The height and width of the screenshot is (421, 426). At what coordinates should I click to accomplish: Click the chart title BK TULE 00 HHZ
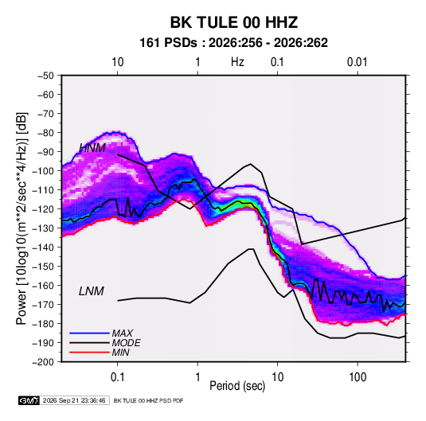click(233, 22)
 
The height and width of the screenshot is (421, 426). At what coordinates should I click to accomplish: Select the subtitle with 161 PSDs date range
click(233, 43)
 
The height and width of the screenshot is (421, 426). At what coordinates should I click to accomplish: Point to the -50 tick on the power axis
click(45, 76)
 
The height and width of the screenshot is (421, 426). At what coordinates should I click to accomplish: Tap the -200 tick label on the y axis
click(43, 362)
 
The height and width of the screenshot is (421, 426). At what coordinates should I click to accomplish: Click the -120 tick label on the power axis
click(43, 209)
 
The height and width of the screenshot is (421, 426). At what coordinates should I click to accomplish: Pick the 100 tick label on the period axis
click(358, 377)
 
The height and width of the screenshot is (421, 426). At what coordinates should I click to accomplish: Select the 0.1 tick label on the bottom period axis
click(117, 377)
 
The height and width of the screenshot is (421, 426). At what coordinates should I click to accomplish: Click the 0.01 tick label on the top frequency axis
click(357, 62)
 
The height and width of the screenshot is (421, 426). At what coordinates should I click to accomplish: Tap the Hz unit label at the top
click(237, 62)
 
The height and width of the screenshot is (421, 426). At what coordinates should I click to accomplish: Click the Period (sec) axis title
click(237, 386)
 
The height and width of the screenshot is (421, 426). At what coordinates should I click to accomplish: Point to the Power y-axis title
click(21, 219)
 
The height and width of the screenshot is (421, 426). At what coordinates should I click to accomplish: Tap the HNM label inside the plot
click(92, 148)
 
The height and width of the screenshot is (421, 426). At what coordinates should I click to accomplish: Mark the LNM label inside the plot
click(92, 291)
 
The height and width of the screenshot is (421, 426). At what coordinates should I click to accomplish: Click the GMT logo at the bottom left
click(29, 400)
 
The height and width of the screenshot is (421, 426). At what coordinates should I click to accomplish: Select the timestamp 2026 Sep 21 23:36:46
click(74, 400)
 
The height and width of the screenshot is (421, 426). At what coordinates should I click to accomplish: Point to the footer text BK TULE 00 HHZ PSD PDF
click(148, 400)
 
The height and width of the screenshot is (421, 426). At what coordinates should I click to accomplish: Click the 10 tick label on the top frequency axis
click(118, 62)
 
